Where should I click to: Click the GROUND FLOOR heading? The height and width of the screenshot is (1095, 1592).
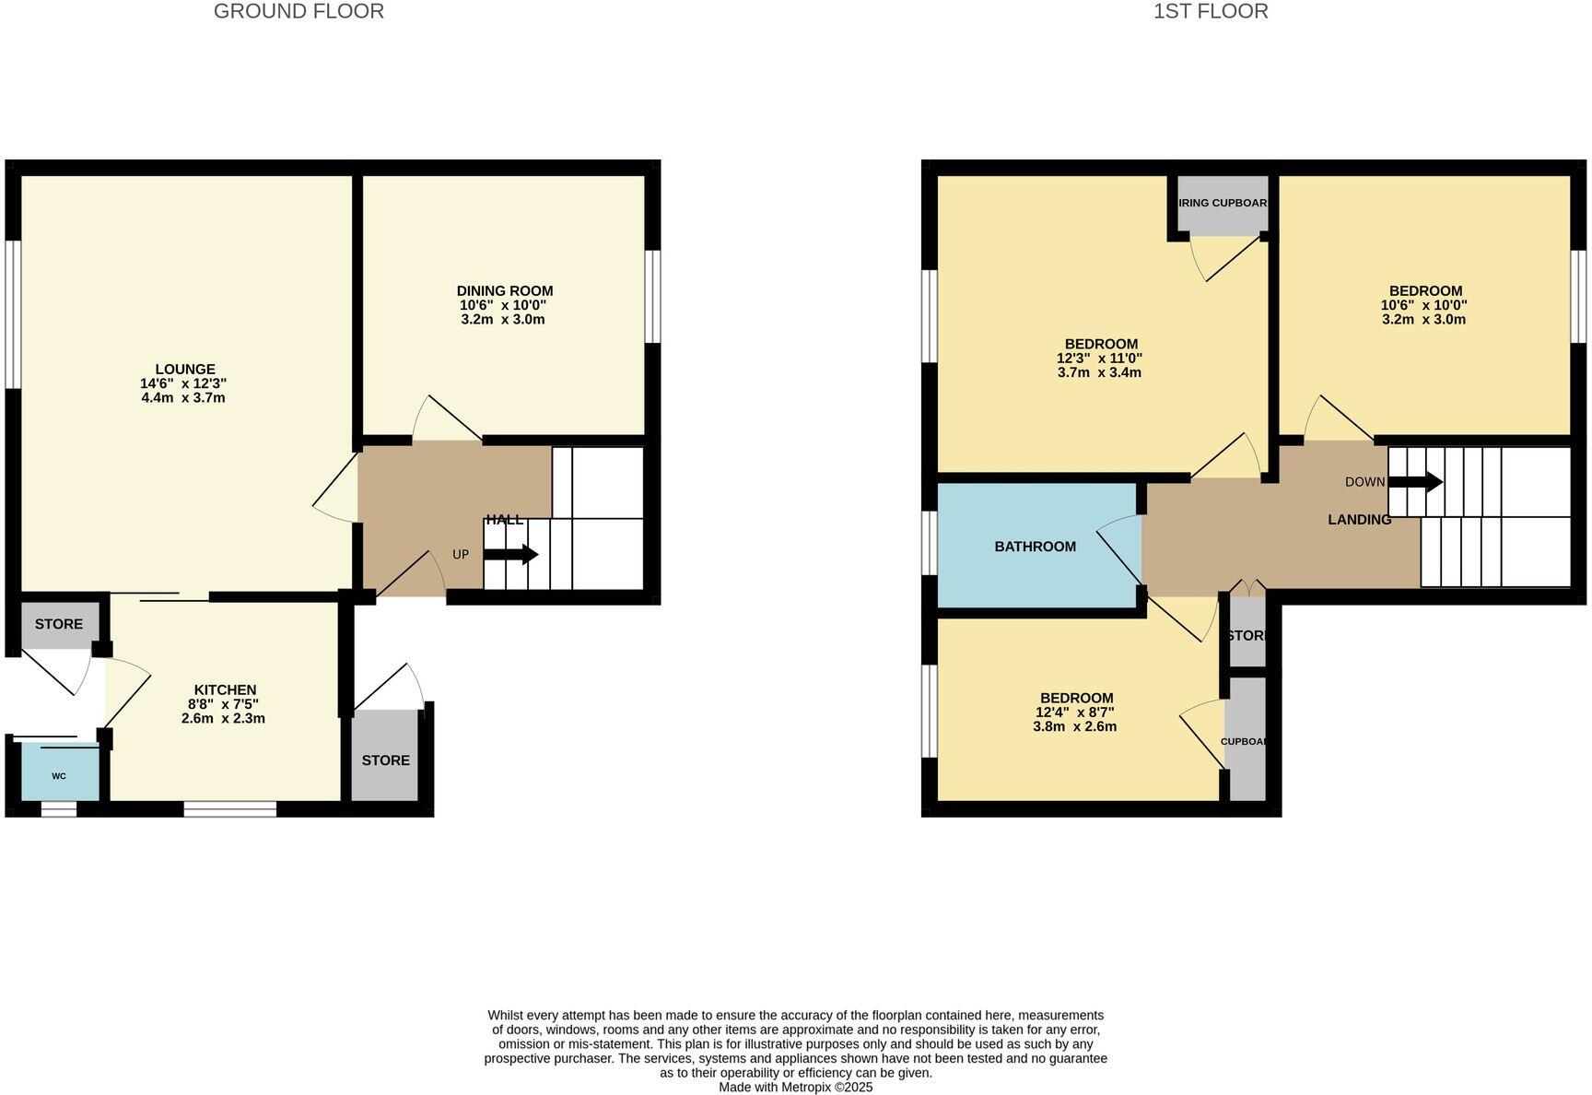click(x=298, y=11)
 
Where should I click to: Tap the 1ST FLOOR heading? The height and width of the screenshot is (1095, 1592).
click(x=1211, y=11)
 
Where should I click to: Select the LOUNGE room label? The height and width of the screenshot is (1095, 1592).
click(x=185, y=370)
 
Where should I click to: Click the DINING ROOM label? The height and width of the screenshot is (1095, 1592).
click(x=505, y=290)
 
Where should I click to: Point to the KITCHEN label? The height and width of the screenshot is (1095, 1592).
click(x=225, y=689)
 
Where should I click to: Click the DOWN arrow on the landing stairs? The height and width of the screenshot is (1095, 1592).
click(x=1415, y=482)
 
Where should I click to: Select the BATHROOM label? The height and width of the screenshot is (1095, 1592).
click(x=1035, y=547)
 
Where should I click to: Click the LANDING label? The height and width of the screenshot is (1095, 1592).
click(x=1359, y=520)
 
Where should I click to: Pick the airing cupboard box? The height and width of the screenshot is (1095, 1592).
click(x=1223, y=204)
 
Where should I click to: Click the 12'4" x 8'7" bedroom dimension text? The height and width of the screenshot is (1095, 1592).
click(x=1074, y=712)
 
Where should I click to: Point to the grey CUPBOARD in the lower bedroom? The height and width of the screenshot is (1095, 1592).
click(x=1247, y=740)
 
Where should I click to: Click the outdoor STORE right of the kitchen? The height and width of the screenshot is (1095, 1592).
click(x=385, y=759)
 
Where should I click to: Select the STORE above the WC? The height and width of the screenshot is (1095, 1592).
click(x=59, y=624)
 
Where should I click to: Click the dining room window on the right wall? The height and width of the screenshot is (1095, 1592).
click(x=652, y=297)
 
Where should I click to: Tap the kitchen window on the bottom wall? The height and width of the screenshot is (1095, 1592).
click(x=229, y=809)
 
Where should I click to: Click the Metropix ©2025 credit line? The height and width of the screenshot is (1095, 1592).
click(x=795, y=1087)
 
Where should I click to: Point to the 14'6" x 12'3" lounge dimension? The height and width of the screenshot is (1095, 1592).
click(x=184, y=383)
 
